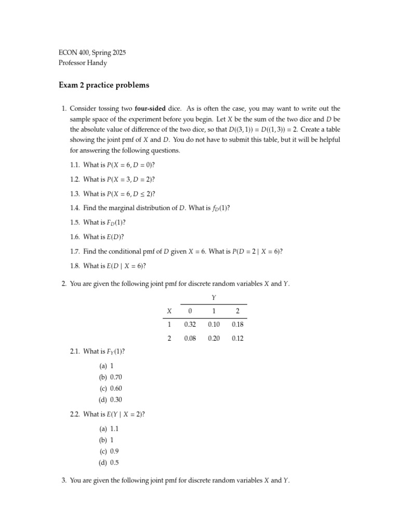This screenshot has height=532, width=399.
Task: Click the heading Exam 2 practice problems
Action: coord(104,85)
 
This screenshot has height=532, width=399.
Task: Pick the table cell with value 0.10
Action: coord(214,324)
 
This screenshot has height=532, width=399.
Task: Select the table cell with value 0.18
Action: coord(237,324)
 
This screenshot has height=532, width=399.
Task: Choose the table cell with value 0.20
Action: coord(214,338)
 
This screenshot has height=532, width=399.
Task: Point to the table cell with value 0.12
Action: coord(237,338)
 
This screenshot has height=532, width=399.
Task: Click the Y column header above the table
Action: coord(214,297)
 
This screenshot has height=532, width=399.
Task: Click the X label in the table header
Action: coord(169,311)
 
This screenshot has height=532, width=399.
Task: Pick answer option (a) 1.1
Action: coord(109,429)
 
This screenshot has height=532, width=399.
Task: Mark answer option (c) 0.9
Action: coord(109,451)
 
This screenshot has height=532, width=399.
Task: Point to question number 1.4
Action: coord(75,208)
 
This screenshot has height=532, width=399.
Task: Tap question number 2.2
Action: coord(75,414)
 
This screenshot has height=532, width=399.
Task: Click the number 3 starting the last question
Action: coord(63,481)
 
